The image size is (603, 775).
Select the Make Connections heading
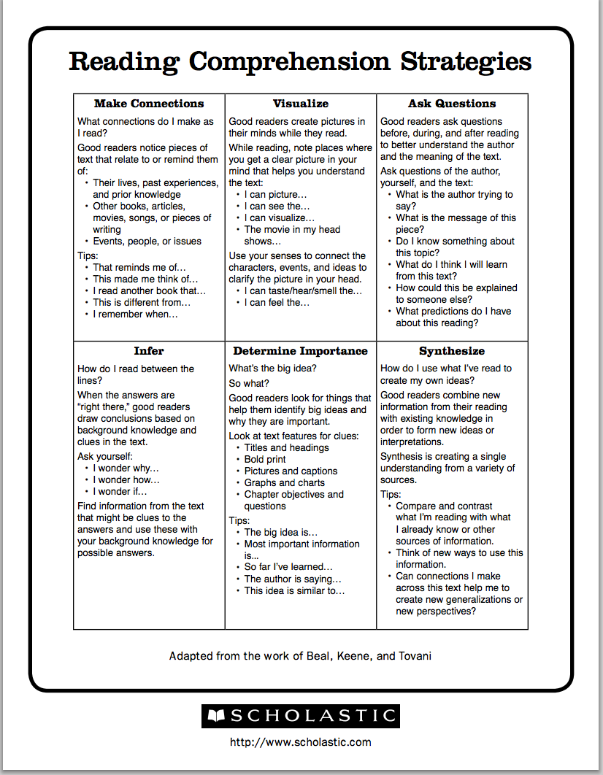pyautogui.click(x=149, y=104)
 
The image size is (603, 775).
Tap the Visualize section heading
pyautogui.click(x=301, y=104)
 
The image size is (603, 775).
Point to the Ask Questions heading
pyautogui.click(x=452, y=104)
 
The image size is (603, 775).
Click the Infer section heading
pyautogui.click(x=149, y=351)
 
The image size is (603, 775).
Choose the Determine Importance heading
pyautogui.click(x=301, y=351)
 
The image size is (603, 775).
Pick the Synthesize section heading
pyautogui.click(x=452, y=351)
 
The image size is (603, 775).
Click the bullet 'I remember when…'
pyautogui.click(x=135, y=315)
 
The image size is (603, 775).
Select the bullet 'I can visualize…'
pyautogui.click(x=280, y=218)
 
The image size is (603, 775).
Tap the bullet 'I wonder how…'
pyautogui.click(x=126, y=480)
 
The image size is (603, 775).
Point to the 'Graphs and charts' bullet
pyautogui.click(x=285, y=483)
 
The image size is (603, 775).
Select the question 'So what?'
pyautogui.click(x=249, y=384)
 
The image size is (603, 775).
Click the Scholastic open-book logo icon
pyautogui.click(x=216, y=716)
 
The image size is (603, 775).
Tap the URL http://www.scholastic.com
pyautogui.click(x=301, y=743)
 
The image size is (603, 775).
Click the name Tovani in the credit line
pyautogui.click(x=415, y=656)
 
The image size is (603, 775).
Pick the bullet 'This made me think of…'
pyautogui.click(x=145, y=279)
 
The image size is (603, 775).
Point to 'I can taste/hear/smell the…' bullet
pyautogui.click(x=303, y=291)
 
